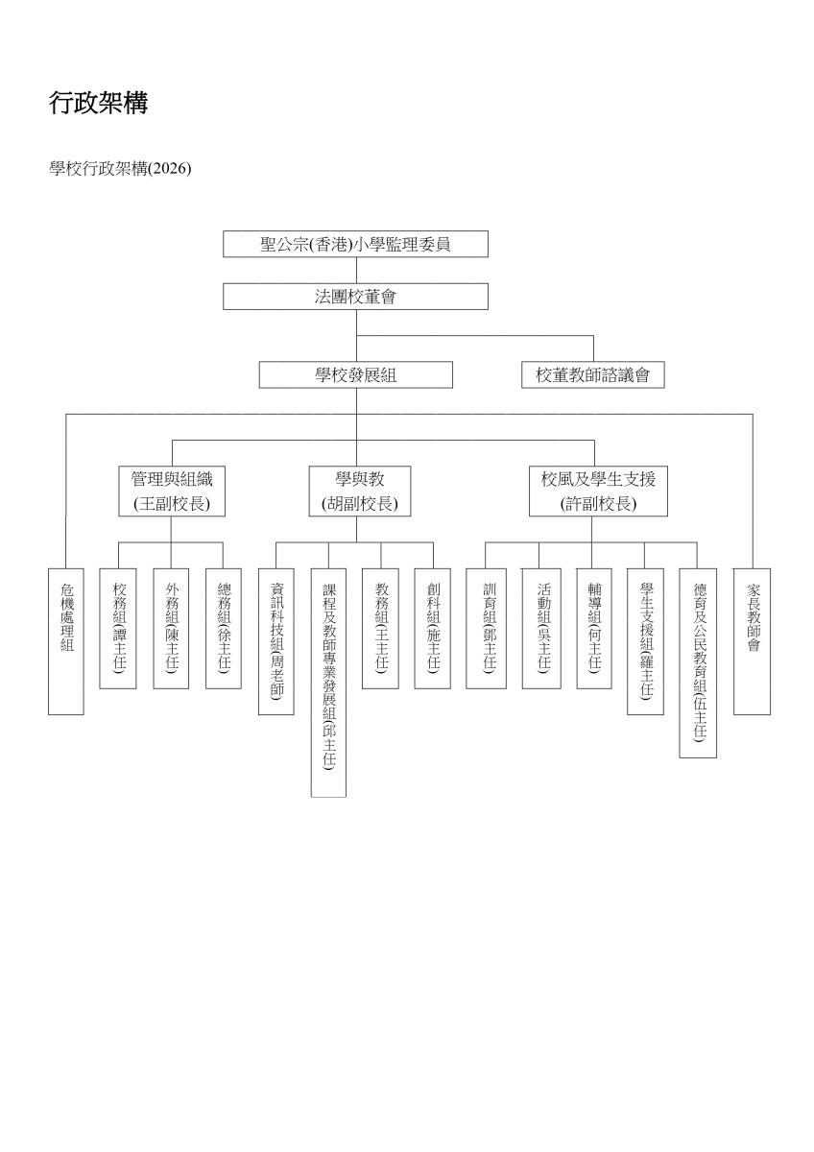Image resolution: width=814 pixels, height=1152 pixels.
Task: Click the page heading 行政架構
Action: [x=99, y=103]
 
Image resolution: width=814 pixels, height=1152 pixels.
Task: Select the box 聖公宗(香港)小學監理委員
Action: [x=355, y=244]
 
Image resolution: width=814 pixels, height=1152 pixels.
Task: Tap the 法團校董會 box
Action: [x=355, y=297]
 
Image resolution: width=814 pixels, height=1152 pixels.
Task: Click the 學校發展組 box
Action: [x=356, y=374]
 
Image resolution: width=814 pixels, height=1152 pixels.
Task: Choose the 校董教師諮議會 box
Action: [x=593, y=374]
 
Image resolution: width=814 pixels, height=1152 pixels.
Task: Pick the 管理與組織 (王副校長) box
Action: [x=172, y=492]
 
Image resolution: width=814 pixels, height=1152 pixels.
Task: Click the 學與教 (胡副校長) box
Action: [x=360, y=492]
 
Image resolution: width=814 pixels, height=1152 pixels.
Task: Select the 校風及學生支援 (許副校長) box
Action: [x=599, y=492]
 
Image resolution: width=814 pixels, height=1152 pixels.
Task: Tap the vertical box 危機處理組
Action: [x=66, y=641]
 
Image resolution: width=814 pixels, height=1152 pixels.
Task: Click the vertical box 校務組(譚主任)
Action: [x=118, y=629]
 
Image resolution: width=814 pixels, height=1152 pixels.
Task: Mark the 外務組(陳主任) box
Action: [x=171, y=629]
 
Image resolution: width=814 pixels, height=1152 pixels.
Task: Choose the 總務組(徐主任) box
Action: [x=224, y=629]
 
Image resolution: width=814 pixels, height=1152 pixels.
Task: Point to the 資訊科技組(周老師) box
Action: [x=276, y=641]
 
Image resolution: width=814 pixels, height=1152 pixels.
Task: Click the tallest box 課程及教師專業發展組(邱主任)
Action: [x=328, y=683]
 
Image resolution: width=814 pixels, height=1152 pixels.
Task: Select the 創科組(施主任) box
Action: [x=433, y=629]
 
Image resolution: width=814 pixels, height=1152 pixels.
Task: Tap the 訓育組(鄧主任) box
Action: [x=487, y=629]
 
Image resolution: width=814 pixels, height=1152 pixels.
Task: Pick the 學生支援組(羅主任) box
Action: [x=645, y=641]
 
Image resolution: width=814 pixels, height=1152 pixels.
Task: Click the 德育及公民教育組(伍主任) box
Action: [x=698, y=663]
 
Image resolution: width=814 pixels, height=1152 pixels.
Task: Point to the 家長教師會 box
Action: [x=752, y=641]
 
